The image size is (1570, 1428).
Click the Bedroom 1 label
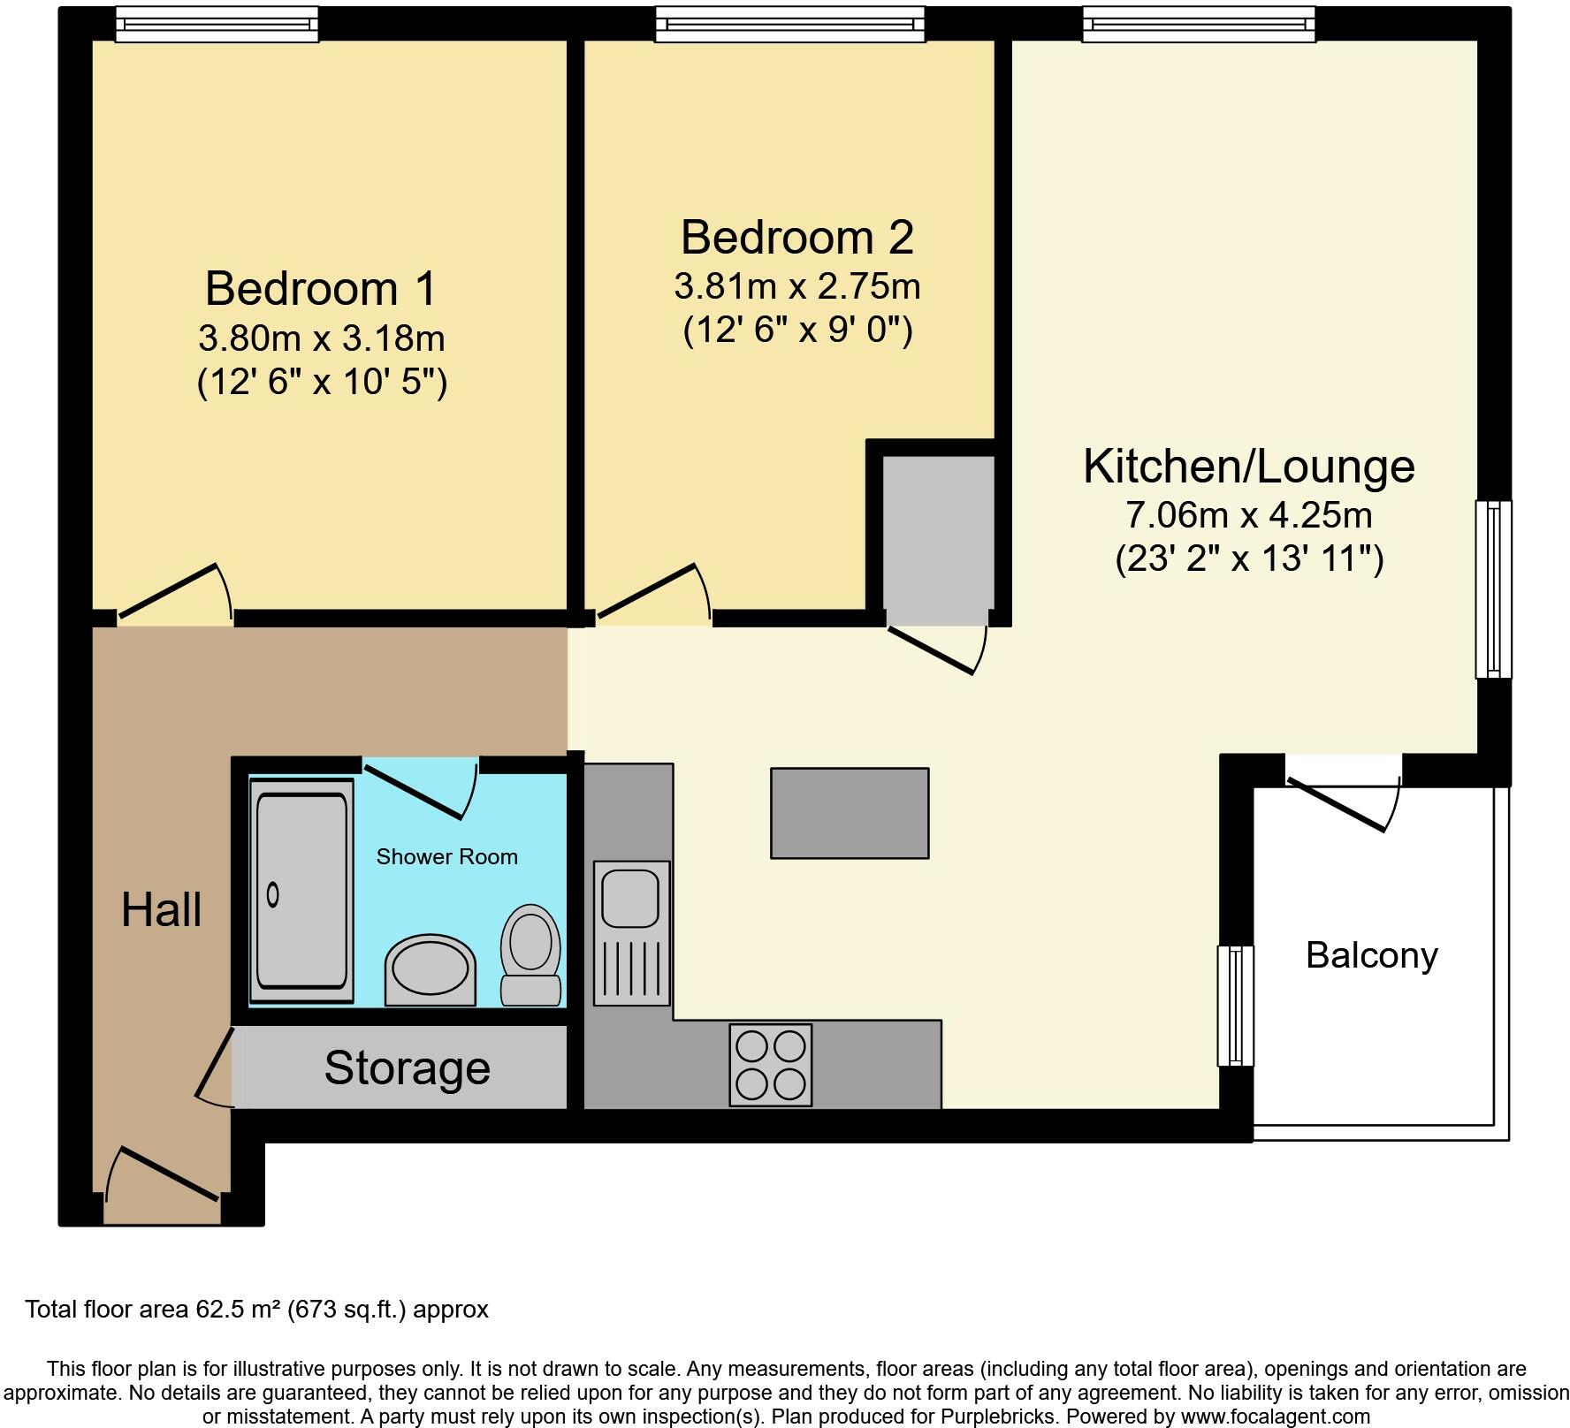point(321,289)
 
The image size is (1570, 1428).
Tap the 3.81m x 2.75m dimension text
point(796,286)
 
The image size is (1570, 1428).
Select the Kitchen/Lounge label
point(1248,466)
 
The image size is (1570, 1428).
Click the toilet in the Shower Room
point(530,954)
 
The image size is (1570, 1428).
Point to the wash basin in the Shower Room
point(430,971)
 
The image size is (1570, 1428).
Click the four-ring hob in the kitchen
point(770,1064)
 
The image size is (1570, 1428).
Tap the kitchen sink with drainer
point(631,932)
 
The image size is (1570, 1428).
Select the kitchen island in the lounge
point(850,813)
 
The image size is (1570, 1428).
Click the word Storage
point(407,1067)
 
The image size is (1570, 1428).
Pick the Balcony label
point(1371,955)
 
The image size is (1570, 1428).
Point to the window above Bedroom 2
point(789,24)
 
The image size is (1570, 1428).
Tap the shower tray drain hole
point(273,895)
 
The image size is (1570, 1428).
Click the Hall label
point(161,910)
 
